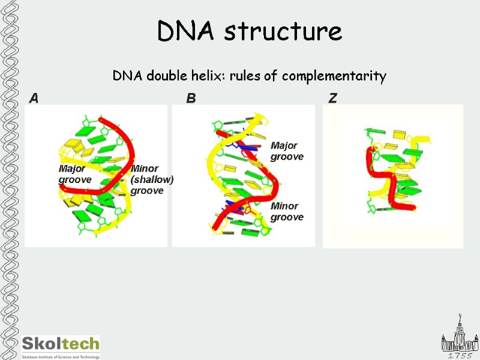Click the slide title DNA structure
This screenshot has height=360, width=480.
coord(250,31)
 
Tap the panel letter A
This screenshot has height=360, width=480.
coord(34,98)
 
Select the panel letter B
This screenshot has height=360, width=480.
coord(191,98)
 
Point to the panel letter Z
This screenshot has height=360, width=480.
coord(332,98)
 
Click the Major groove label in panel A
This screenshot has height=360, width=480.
coord(74,174)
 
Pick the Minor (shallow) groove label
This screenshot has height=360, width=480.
coord(152,179)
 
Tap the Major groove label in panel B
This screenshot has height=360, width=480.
coord(287,151)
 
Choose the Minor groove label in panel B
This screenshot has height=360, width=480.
coord(287,212)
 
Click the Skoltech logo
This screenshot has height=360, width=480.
coord(61,343)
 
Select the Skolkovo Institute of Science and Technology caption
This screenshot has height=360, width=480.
coord(61,356)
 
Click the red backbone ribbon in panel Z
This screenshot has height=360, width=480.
coord(384,180)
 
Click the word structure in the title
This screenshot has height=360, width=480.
coord(283,31)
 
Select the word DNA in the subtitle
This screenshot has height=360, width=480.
coord(125,76)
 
